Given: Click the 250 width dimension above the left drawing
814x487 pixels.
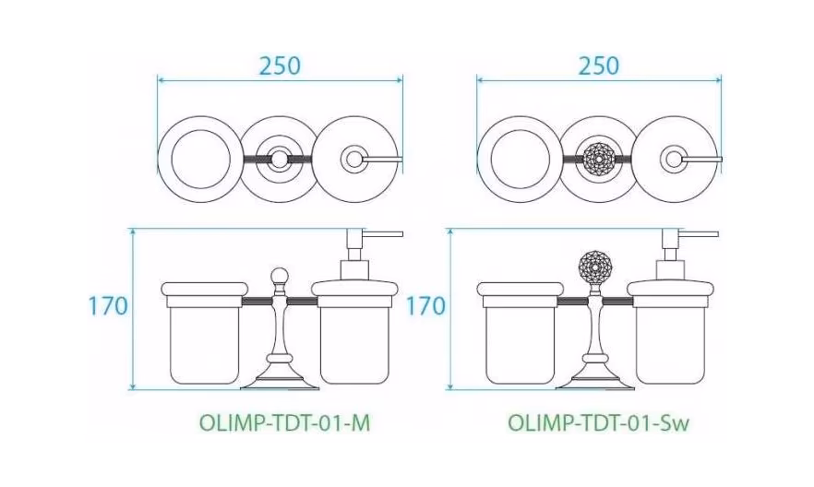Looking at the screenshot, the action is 280,65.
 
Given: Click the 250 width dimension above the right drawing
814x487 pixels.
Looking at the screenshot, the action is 599,65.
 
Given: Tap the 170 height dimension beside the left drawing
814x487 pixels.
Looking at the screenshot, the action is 108,306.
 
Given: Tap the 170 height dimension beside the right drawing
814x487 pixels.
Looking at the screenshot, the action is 425,306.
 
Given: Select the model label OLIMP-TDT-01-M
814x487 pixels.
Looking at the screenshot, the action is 285,423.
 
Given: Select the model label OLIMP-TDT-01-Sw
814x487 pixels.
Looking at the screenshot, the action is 599,423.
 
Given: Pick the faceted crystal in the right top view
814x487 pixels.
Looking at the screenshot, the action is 599,159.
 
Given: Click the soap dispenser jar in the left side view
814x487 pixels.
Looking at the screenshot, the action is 354,332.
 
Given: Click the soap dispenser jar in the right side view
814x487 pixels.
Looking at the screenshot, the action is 670,332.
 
